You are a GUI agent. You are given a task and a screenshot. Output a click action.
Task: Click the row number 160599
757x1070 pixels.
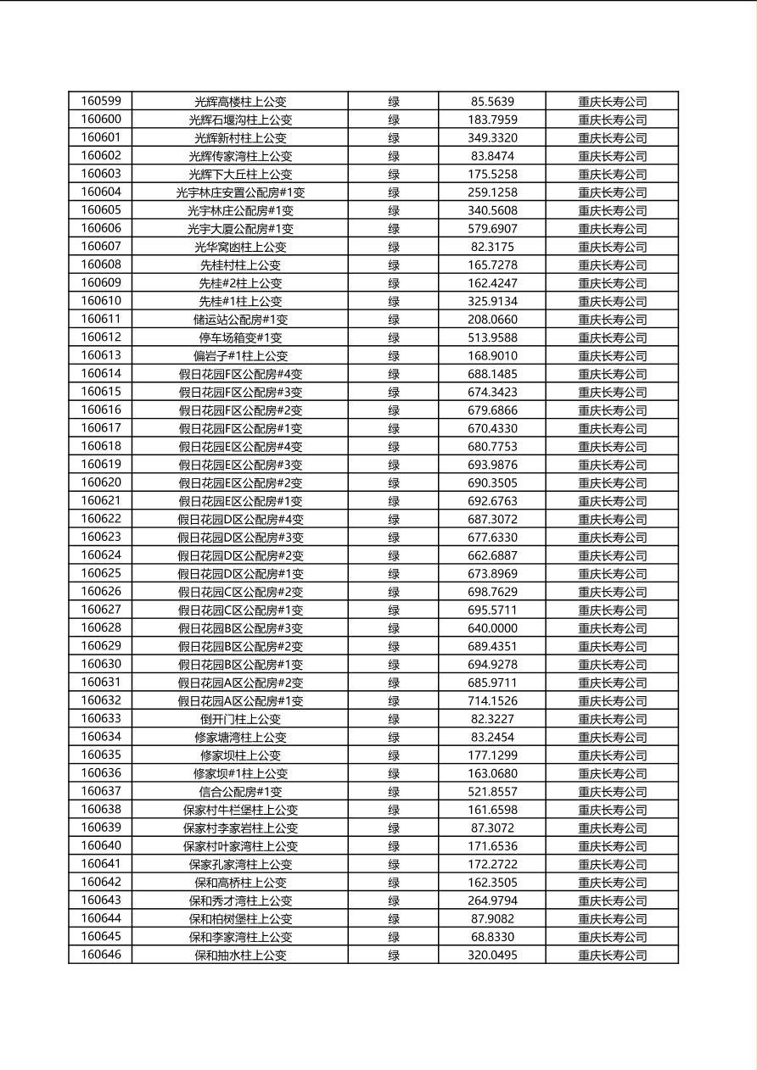click(x=101, y=101)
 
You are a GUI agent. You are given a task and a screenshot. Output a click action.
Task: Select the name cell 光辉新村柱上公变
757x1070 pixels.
click(x=240, y=137)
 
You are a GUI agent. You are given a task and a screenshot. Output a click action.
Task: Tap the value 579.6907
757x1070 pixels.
click(x=492, y=228)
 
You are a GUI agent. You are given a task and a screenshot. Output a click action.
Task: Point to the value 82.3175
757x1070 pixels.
click(x=492, y=247)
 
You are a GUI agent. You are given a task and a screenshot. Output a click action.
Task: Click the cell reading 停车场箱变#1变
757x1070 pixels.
click(x=240, y=337)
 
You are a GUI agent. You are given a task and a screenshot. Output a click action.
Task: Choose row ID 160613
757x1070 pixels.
click(x=101, y=355)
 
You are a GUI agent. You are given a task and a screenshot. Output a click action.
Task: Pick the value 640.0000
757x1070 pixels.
click(x=492, y=628)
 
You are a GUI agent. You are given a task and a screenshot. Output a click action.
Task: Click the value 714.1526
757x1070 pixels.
click(x=492, y=700)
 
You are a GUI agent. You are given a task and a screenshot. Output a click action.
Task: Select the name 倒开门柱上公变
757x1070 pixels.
click(x=240, y=719)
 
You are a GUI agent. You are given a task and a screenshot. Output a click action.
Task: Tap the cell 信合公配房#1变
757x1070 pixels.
click(x=240, y=791)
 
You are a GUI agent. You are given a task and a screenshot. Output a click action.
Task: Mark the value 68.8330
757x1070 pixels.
click(x=492, y=937)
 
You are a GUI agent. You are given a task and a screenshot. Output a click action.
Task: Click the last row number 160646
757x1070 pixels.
click(x=101, y=955)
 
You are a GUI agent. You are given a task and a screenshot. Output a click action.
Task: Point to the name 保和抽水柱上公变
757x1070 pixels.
click(x=240, y=955)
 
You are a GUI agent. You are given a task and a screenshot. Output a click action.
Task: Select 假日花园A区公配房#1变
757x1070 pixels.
click(x=240, y=700)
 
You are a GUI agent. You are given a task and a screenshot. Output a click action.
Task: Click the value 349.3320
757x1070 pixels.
click(x=492, y=137)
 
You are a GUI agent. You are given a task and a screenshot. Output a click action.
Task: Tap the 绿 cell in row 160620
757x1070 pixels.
click(x=394, y=482)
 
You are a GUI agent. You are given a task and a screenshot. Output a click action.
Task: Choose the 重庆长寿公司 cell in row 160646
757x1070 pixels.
click(x=612, y=955)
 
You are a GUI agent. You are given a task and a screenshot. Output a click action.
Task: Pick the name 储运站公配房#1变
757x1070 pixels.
click(x=240, y=320)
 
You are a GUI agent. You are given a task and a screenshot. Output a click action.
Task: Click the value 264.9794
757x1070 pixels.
click(x=492, y=900)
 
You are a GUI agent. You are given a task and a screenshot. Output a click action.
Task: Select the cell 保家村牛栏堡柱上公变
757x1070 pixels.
click(x=240, y=810)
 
